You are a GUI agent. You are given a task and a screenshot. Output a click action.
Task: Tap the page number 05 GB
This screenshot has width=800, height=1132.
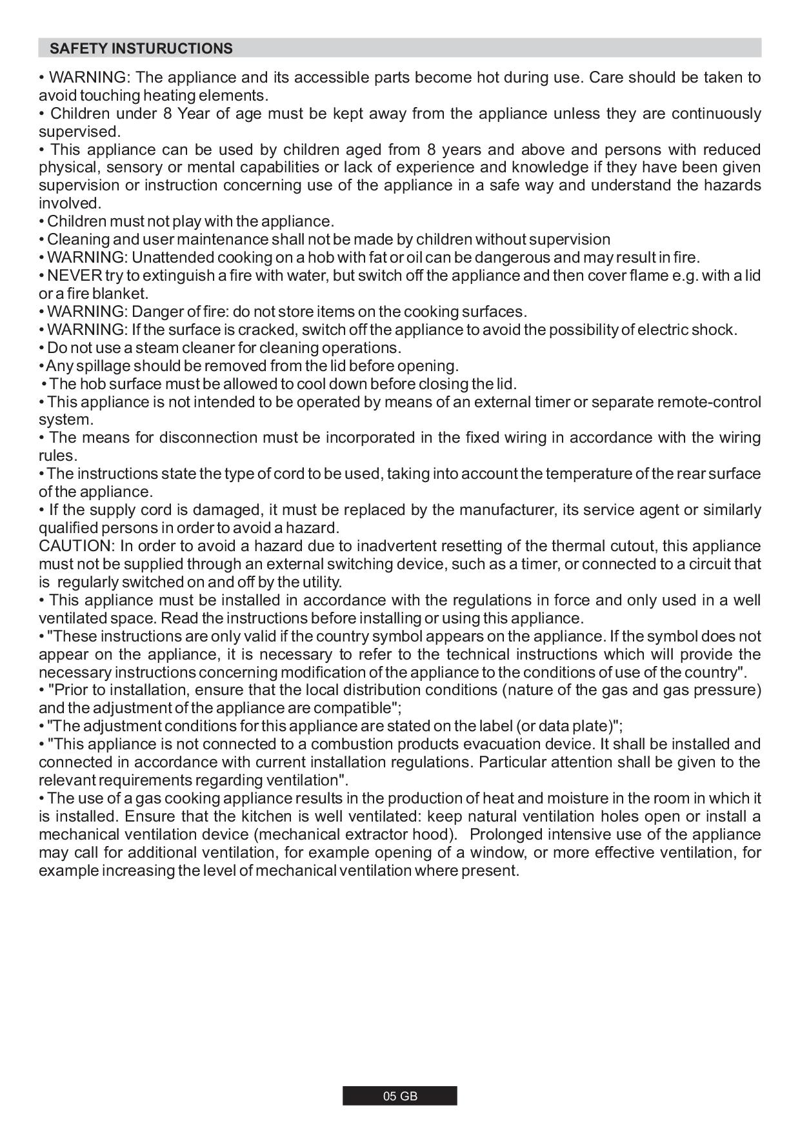400,1096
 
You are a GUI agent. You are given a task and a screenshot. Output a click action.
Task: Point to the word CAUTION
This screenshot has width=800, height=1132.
75,546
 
